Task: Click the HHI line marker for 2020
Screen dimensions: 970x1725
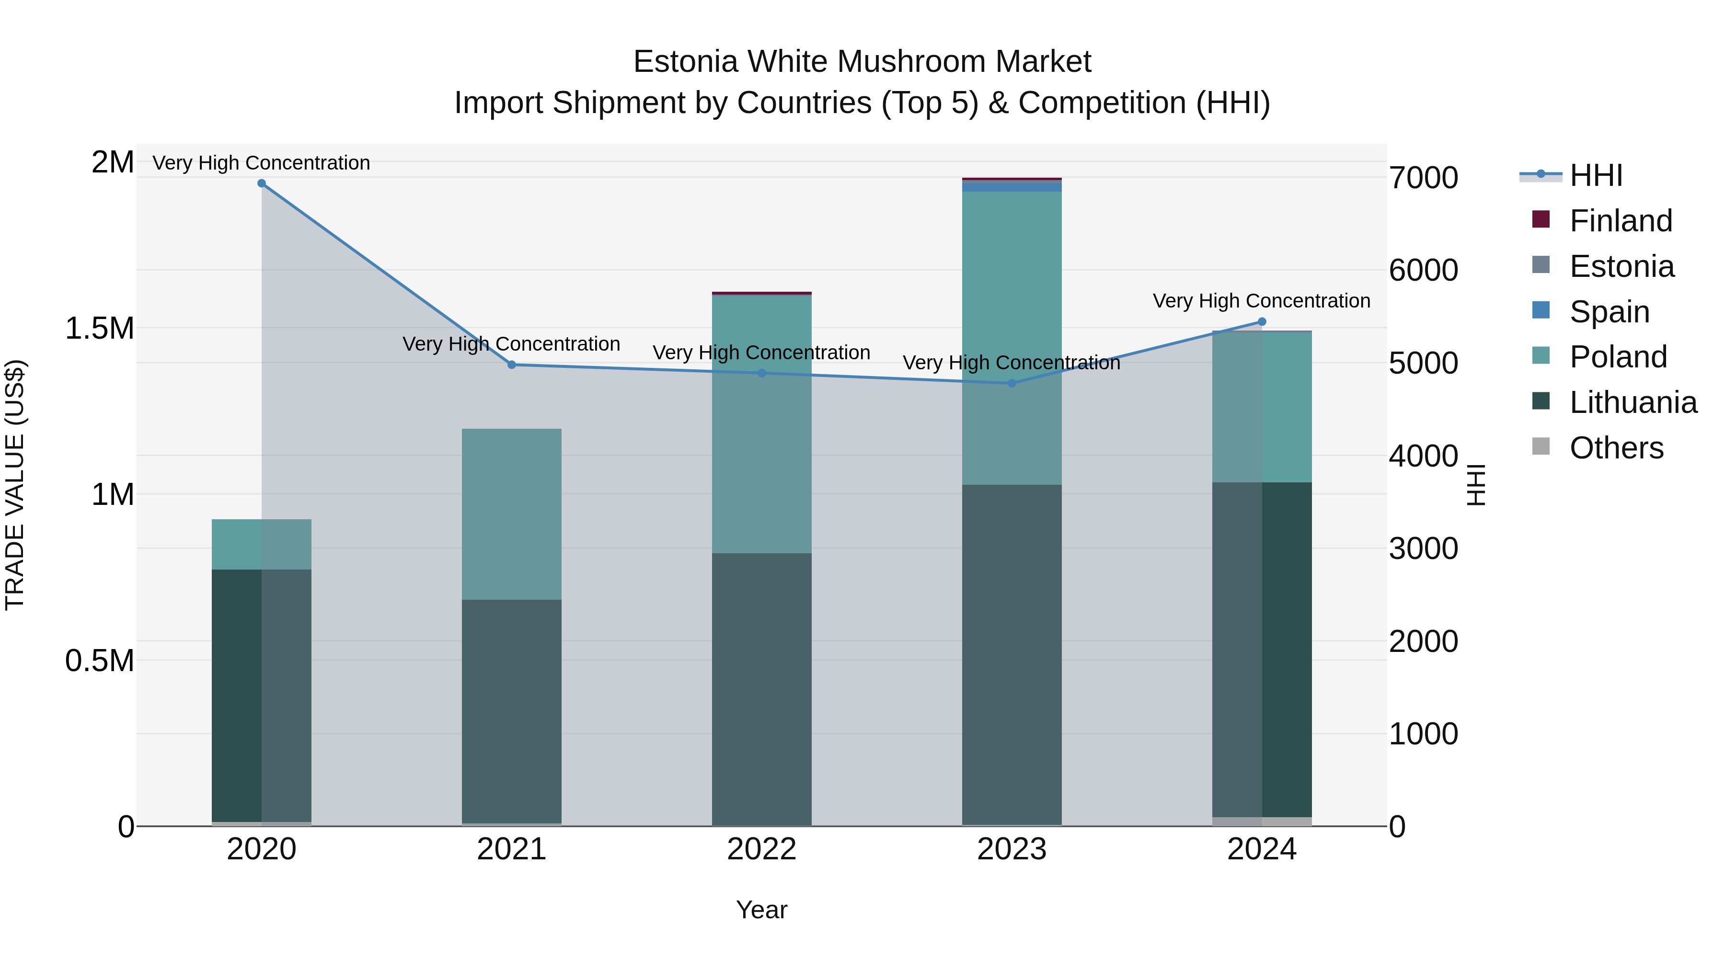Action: [262, 183]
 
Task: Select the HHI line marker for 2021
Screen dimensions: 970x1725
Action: [512, 365]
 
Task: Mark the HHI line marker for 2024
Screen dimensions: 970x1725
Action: [1262, 322]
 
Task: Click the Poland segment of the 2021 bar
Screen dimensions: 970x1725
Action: [512, 514]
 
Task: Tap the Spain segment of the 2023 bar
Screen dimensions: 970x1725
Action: [1012, 187]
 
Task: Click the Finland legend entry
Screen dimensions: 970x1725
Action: [1621, 221]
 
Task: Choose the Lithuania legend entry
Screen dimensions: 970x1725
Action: [1633, 402]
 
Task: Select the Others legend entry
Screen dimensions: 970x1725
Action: [1616, 448]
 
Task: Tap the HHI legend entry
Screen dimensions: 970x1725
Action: [1596, 175]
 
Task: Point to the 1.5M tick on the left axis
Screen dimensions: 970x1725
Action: [100, 328]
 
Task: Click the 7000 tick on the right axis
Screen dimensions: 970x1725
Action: [1423, 178]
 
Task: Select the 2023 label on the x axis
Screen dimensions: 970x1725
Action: [1012, 849]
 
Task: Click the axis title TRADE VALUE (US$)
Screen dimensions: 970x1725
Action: [15, 485]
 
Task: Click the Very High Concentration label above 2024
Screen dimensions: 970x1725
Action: [1262, 301]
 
